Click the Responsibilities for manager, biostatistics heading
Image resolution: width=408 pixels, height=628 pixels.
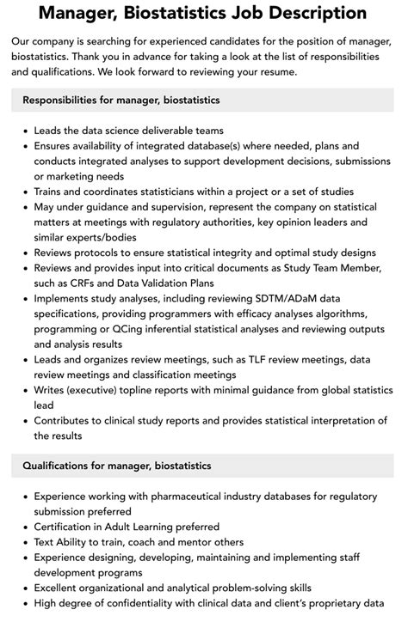point(121,101)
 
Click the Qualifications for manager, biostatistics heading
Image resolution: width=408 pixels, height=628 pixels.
point(117,466)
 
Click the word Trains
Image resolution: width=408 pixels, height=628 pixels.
point(51,192)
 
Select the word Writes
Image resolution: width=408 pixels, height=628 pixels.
point(51,390)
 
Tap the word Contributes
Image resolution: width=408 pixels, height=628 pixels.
point(67,420)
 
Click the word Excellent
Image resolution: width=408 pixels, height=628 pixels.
point(62,588)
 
